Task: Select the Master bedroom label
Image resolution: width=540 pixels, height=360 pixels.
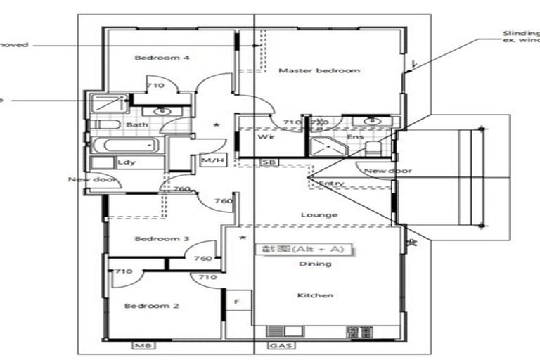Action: [319, 70]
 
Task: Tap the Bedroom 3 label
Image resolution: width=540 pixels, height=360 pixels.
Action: [162, 239]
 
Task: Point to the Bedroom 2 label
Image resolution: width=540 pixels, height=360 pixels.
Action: [152, 306]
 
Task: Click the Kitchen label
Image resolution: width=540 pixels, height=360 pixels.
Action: [315, 295]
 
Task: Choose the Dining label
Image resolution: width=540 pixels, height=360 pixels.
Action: [315, 264]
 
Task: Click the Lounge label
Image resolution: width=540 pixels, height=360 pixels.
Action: [319, 215]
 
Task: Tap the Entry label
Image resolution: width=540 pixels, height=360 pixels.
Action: [330, 184]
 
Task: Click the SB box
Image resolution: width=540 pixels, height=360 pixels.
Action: [268, 162]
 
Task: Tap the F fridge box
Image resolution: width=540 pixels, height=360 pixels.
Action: [236, 301]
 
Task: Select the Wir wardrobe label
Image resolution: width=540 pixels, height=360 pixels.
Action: [266, 137]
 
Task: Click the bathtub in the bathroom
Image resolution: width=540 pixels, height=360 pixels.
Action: [125, 146]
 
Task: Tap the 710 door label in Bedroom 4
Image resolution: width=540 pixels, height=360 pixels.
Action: [155, 86]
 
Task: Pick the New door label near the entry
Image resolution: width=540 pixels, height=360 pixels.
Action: [387, 171]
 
